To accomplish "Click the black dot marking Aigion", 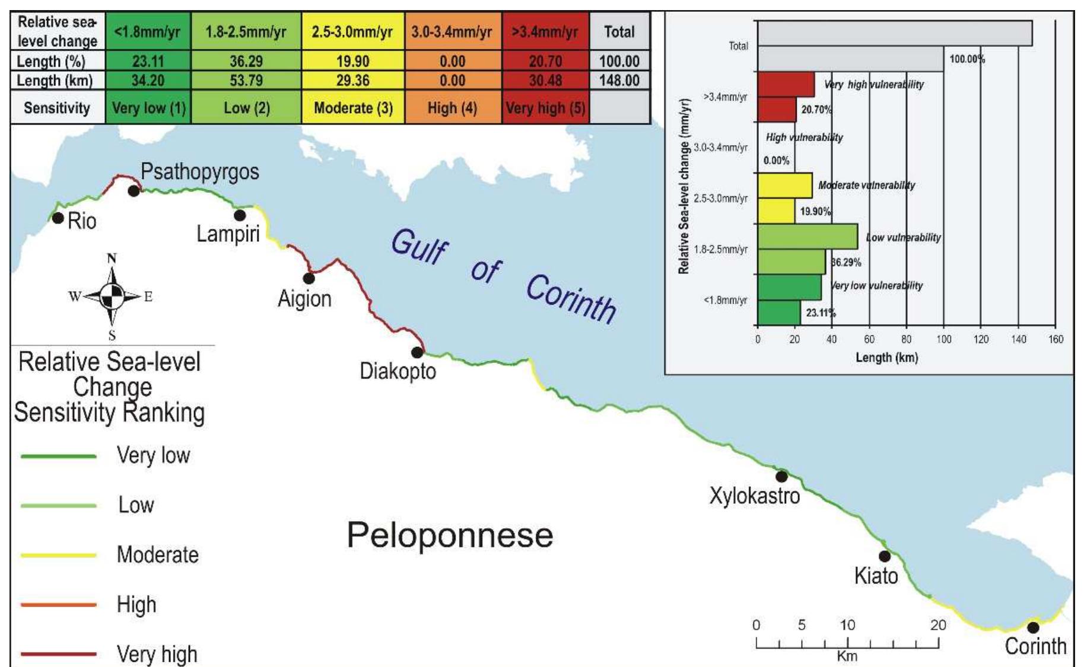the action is tap(309, 277).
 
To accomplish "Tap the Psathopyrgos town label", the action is tap(199, 172).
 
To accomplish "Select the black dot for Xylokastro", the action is tap(781, 476).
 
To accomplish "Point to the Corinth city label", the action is tap(1035, 646).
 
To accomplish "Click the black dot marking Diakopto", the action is tap(417, 352).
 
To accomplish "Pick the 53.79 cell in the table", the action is tap(246, 80).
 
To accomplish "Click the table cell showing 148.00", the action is tap(619, 80).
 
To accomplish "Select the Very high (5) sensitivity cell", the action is tap(545, 108).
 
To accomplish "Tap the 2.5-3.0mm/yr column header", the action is tap(352, 31).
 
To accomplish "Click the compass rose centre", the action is tap(112, 295).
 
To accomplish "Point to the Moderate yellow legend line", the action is tap(59, 556).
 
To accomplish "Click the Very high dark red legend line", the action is tap(59, 654).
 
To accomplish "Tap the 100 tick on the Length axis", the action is tap(943, 339).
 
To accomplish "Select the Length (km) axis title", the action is tap(886, 358).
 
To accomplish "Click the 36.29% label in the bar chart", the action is tap(845, 262).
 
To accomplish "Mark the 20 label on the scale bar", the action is tap(937, 625).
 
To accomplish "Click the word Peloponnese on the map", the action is tap(450, 535).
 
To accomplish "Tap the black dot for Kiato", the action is tap(884, 556).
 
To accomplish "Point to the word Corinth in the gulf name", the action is tap(571, 299).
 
